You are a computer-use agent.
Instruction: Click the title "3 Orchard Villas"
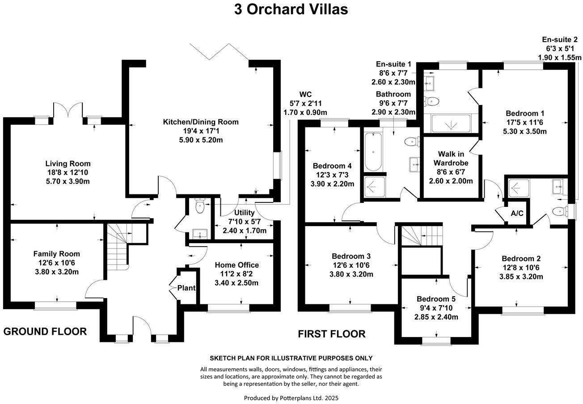[x=291, y=9]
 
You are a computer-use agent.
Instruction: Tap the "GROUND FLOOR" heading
[x=45, y=331]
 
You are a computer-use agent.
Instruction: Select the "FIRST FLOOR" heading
[x=332, y=334]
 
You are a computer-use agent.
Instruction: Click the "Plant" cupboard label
[x=186, y=288]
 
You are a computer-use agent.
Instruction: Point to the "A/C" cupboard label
[x=517, y=213]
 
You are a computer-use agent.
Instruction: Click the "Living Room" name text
[x=68, y=164]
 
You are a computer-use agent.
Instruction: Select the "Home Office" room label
[x=237, y=265]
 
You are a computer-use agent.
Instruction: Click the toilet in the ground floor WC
[x=199, y=206]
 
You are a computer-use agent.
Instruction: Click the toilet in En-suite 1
[x=432, y=101]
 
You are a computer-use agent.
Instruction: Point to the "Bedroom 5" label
[x=436, y=299]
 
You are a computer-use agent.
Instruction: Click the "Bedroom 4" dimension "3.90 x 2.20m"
[x=332, y=184]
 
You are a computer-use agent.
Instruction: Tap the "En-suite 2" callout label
[x=559, y=39]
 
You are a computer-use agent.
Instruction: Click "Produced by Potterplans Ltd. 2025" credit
[x=291, y=397]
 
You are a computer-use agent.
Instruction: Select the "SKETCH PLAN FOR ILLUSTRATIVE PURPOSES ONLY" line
[x=291, y=358]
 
